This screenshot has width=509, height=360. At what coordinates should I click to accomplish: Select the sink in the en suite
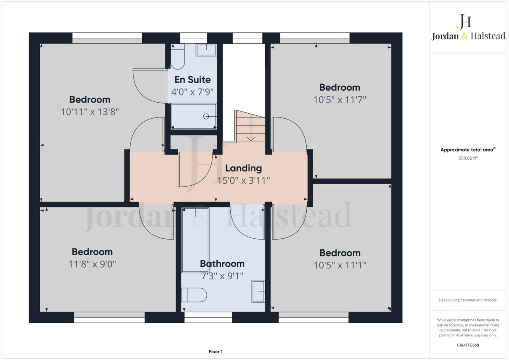click(206, 50)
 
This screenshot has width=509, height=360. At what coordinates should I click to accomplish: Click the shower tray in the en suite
click(194, 116)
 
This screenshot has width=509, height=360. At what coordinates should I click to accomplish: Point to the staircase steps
click(250, 127)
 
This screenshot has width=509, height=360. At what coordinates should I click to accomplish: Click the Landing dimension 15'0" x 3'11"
click(243, 180)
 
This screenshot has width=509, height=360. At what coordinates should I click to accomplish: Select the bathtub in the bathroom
click(195, 240)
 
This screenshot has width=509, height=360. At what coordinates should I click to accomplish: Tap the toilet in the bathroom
click(193, 295)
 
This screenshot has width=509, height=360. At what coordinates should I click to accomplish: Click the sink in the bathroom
click(258, 291)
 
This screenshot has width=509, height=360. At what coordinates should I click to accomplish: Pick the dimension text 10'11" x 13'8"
click(89, 112)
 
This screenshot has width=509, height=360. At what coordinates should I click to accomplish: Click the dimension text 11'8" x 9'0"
click(92, 264)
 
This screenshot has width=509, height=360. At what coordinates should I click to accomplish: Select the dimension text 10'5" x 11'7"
click(339, 100)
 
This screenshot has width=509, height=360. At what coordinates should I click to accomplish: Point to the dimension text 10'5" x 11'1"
click(339, 265)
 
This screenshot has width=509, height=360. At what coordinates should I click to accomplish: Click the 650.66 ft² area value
click(468, 158)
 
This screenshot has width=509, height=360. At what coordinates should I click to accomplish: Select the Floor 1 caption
click(215, 352)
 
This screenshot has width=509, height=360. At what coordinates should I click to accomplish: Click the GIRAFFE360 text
click(468, 345)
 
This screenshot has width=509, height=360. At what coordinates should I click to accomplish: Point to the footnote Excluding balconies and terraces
click(467, 300)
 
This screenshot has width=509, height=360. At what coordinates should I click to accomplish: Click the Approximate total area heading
click(467, 150)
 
